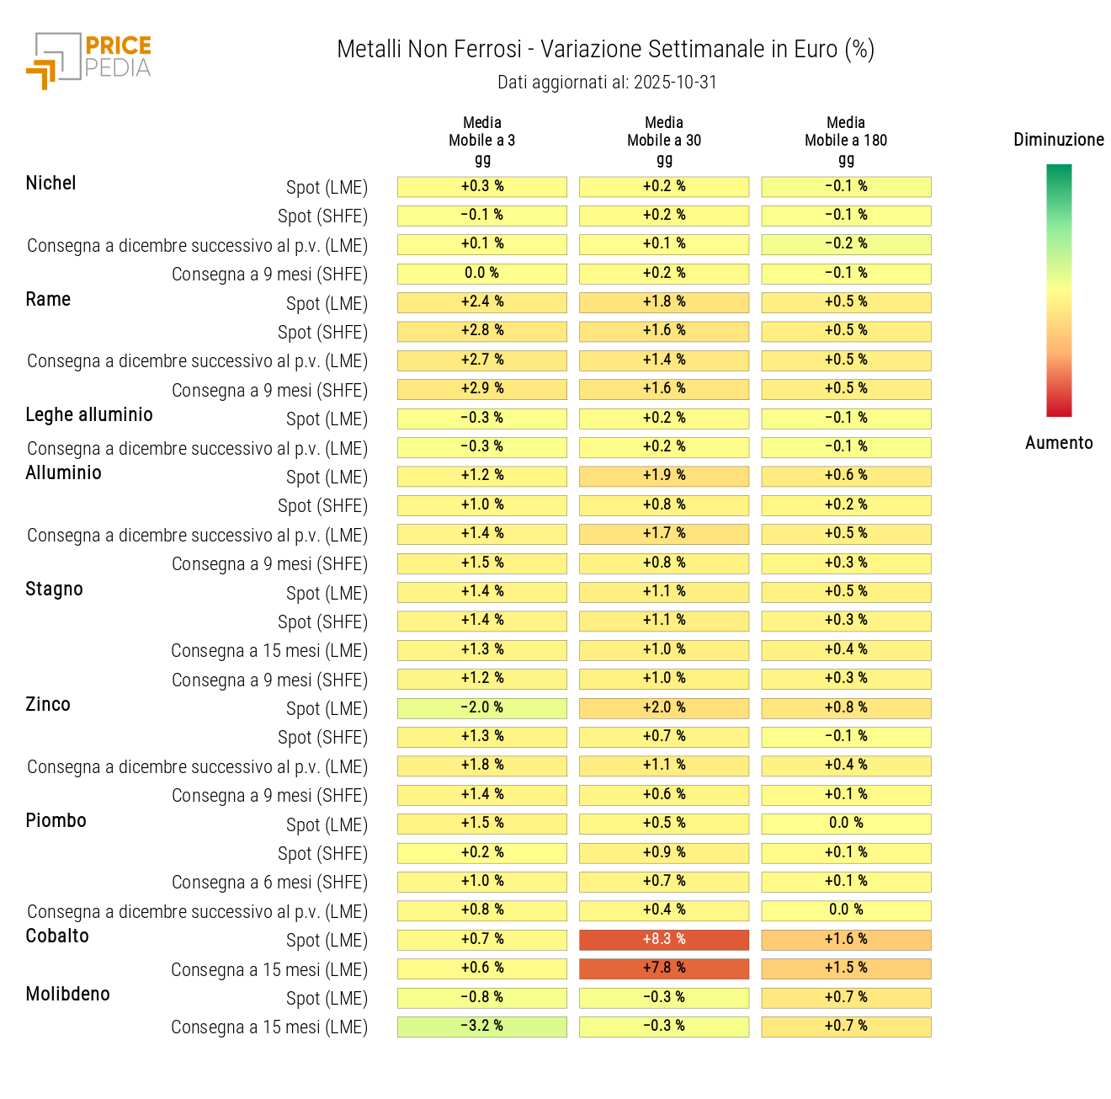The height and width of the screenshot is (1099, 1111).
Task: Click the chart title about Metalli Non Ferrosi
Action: tap(605, 50)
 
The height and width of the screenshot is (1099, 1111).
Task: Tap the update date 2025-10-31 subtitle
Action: tap(607, 83)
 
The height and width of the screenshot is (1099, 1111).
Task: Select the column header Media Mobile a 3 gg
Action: tap(481, 141)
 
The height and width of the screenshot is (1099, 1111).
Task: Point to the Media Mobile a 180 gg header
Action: tap(845, 141)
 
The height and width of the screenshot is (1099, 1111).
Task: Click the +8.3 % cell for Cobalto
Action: tap(664, 939)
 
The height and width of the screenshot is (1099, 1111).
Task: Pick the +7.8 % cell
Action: tap(664, 968)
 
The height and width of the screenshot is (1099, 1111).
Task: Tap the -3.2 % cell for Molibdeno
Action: tap(481, 1026)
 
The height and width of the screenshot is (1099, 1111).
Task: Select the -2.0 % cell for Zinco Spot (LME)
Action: tap(481, 707)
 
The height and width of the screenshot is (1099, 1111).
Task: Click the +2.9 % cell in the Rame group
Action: tap(481, 389)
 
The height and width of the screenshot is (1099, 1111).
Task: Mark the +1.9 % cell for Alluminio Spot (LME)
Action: tap(664, 476)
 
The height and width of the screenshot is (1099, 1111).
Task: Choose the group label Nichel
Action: tap(50, 184)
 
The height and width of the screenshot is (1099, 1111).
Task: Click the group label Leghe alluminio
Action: tap(89, 415)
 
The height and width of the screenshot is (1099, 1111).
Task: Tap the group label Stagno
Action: tap(54, 590)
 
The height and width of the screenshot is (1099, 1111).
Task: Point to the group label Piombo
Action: tap(56, 821)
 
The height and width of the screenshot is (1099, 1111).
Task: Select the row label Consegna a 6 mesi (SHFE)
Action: tap(269, 883)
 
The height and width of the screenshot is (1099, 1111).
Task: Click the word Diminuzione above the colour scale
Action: tap(1058, 140)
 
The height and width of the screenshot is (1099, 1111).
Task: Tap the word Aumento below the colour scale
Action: tap(1058, 443)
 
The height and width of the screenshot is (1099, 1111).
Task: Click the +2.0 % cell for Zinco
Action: tap(664, 707)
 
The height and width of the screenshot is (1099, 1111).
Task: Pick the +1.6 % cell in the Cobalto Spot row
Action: tap(846, 939)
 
